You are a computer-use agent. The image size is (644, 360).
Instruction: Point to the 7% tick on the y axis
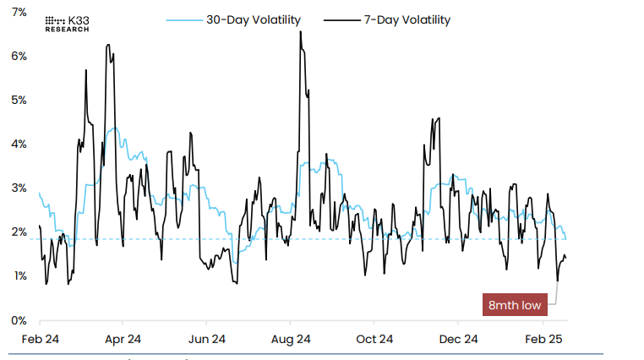click(x=18, y=12)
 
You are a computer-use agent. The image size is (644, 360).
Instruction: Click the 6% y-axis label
click(x=18, y=56)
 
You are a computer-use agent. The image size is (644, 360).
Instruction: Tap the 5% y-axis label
click(x=18, y=100)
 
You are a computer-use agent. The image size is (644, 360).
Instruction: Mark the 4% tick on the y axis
click(x=18, y=144)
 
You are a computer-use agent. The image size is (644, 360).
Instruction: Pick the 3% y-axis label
click(x=18, y=188)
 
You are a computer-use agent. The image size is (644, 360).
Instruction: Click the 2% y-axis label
click(x=18, y=232)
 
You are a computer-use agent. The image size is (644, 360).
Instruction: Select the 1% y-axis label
click(x=18, y=275)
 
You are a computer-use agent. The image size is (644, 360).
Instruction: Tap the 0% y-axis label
click(x=18, y=320)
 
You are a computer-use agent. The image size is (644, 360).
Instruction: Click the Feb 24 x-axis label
click(x=40, y=339)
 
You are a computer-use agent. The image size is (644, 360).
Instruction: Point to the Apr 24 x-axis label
click(x=123, y=339)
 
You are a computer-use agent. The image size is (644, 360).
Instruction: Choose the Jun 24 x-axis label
click(x=206, y=339)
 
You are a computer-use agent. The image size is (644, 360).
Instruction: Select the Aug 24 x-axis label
click(x=290, y=339)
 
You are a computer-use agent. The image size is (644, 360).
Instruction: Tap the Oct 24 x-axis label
click(x=374, y=339)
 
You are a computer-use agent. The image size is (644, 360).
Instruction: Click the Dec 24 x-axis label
click(x=458, y=339)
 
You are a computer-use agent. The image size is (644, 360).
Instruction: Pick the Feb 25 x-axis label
click(x=542, y=339)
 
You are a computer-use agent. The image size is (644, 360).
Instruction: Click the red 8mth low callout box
click(x=515, y=304)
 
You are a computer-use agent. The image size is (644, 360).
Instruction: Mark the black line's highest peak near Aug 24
click(x=301, y=31)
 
